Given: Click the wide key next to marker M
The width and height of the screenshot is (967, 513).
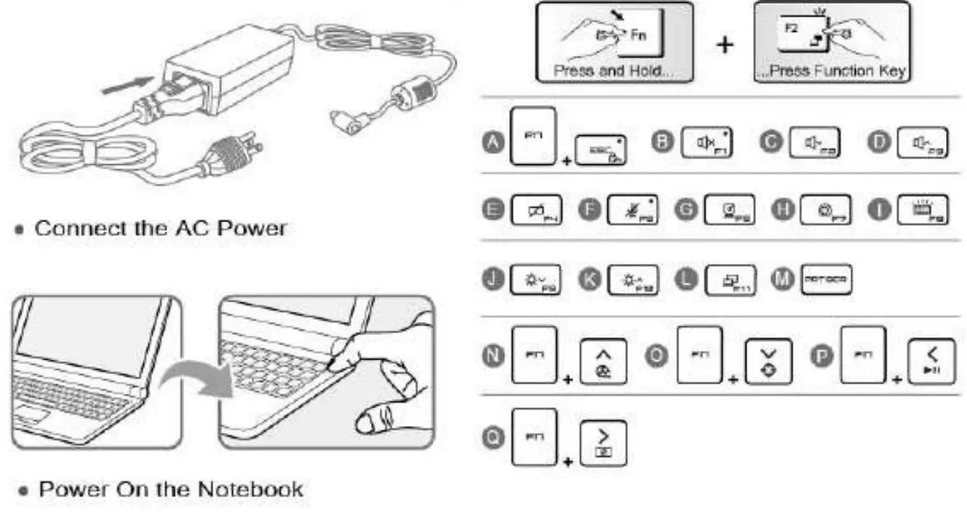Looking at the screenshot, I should click(825, 279).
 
